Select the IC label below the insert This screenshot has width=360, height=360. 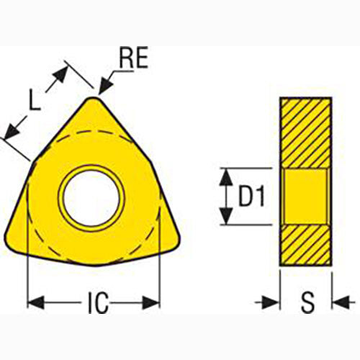coord(94,304)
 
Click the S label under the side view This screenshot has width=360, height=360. coord(307,304)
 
